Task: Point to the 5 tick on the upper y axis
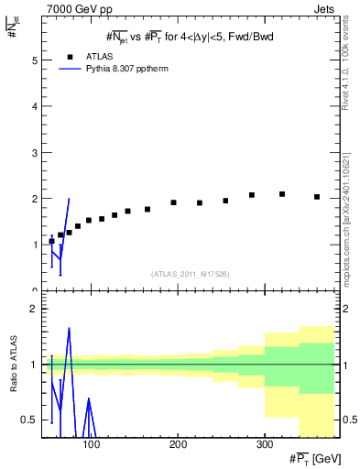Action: click(x=34, y=60)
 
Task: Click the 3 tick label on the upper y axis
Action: click(x=34, y=152)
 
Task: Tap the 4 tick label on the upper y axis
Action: click(x=34, y=106)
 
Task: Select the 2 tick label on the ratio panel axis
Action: click(x=34, y=309)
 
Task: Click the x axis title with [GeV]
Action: click(x=318, y=458)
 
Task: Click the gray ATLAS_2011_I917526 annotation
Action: click(x=190, y=274)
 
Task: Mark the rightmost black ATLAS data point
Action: click(x=317, y=197)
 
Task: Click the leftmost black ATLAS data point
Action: click(x=51, y=241)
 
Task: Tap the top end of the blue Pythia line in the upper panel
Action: click(x=69, y=199)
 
